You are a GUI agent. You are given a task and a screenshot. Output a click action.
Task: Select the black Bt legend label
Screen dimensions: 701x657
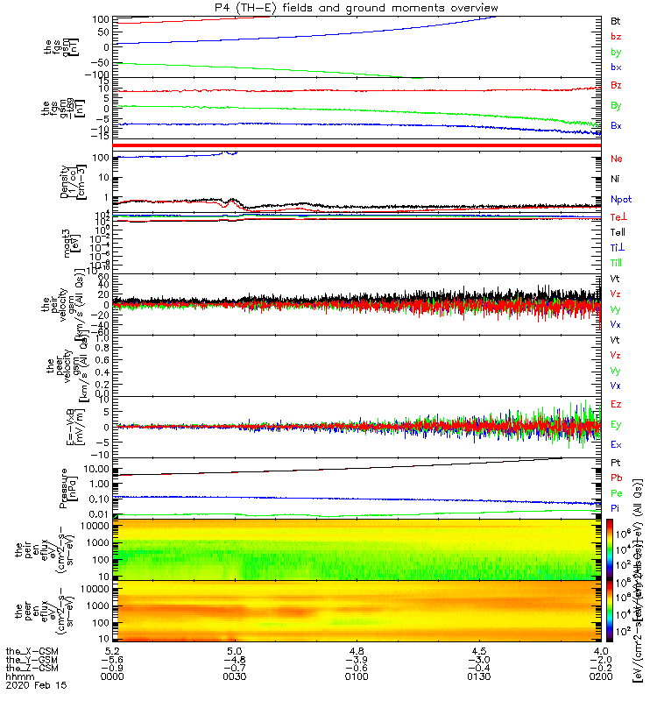(x=616, y=19)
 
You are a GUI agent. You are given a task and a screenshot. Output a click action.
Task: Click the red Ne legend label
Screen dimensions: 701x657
(x=617, y=159)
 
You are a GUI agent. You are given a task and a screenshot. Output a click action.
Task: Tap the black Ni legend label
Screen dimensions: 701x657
(x=616, y=179)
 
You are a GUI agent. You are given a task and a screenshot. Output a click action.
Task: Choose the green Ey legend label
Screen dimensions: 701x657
(x=617, y=425)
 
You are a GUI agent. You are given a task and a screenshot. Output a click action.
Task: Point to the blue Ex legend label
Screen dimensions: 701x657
(x=617, y=445)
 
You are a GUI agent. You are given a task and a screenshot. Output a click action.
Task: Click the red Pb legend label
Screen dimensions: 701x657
(x=617, y=478)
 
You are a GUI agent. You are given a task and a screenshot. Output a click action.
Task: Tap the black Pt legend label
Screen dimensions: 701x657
(x=616, y=462)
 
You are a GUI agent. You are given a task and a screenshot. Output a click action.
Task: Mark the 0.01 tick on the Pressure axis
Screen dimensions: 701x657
(x=96, y=513)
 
